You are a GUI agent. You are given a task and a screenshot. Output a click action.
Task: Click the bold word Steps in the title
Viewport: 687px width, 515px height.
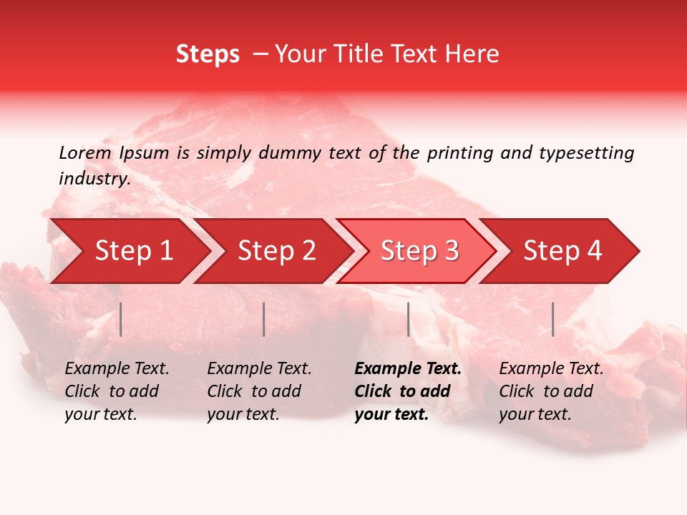point(208,54)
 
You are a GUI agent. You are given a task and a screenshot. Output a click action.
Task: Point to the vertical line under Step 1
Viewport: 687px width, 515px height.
point(121,319)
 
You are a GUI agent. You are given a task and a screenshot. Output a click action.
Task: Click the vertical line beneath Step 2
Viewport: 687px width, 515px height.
point(264,319)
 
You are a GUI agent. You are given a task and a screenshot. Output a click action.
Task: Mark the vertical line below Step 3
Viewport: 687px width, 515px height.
point(409,319)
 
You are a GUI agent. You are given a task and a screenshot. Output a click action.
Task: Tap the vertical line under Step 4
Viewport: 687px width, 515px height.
point(553,319)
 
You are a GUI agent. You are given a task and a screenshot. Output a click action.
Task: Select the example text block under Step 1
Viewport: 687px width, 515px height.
point(117,391)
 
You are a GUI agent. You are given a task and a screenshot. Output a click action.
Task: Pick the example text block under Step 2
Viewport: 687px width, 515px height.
point(259,391)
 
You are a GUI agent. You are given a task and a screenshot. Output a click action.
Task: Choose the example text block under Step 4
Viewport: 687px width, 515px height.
point(551,391)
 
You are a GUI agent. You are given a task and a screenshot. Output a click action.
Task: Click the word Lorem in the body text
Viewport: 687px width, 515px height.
point(85,152)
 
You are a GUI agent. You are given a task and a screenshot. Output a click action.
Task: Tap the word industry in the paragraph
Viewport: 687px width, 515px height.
point(94,179)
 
